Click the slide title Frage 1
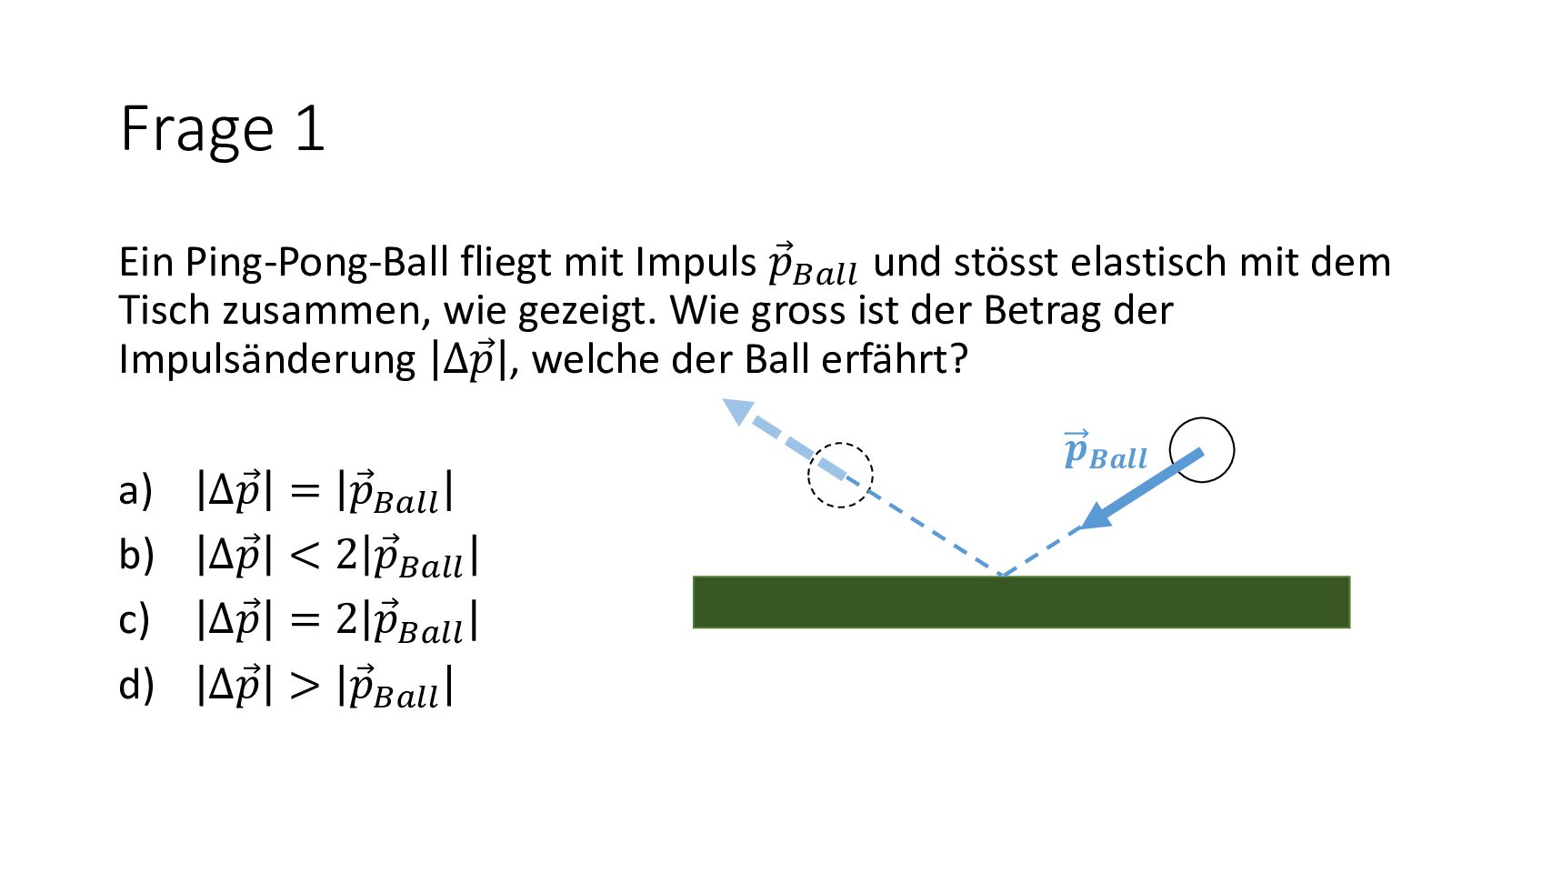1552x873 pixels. pyautogui.click(x=222, y=129)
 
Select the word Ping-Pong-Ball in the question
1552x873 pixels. pyautogui.click(x=316, y=264)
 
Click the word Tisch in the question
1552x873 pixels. pyautogui.click(x=165, y=310)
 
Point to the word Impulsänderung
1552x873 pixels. pyautogui.click(x=266, y=359)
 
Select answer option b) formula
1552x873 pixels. pyautogui.click(x=337, y=557)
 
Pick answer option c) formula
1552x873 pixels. pyautogui.click(x=337, y=621)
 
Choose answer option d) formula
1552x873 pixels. pyautogui.click(x=325, y=686)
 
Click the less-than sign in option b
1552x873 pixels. pyautogui.click(x=305, y=557)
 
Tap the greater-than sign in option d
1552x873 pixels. pyautogui.click(x=305, y=686)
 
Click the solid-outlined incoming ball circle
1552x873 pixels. pyautogui.click(x=1201, y=418)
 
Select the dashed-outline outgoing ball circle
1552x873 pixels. pyautogui.click(x=840, y=444)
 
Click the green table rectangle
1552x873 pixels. pyautogui.click(x=1021, y=602)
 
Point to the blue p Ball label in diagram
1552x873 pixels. pyautogui.click(x=1106, y=451)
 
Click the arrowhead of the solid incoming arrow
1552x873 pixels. pyautogui.click(x=1097, y=517)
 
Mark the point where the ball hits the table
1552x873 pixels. pyautogui.click(x=1001, y=575)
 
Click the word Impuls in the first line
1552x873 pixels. pyautogui.click(x=696, y=264)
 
